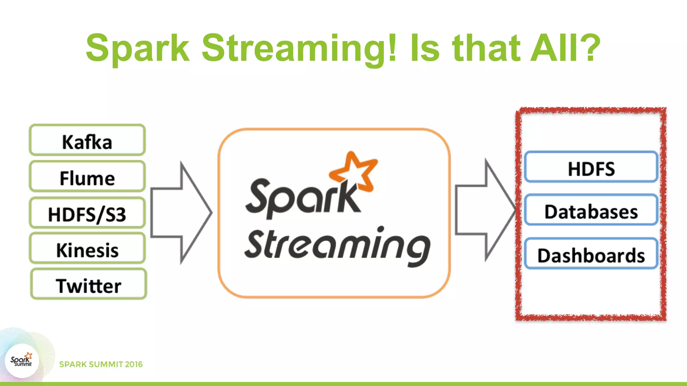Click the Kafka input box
click(x=87, y=140)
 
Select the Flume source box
click(x=87, y=177)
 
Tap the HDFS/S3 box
click(x=87, y=213)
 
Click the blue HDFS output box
click(x=591, y=167)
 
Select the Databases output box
click(x=591, y=210)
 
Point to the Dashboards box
click(x=591, y=254)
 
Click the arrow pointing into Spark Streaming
click(x=181, y=213)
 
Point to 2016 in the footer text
click(x=134, y=364)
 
